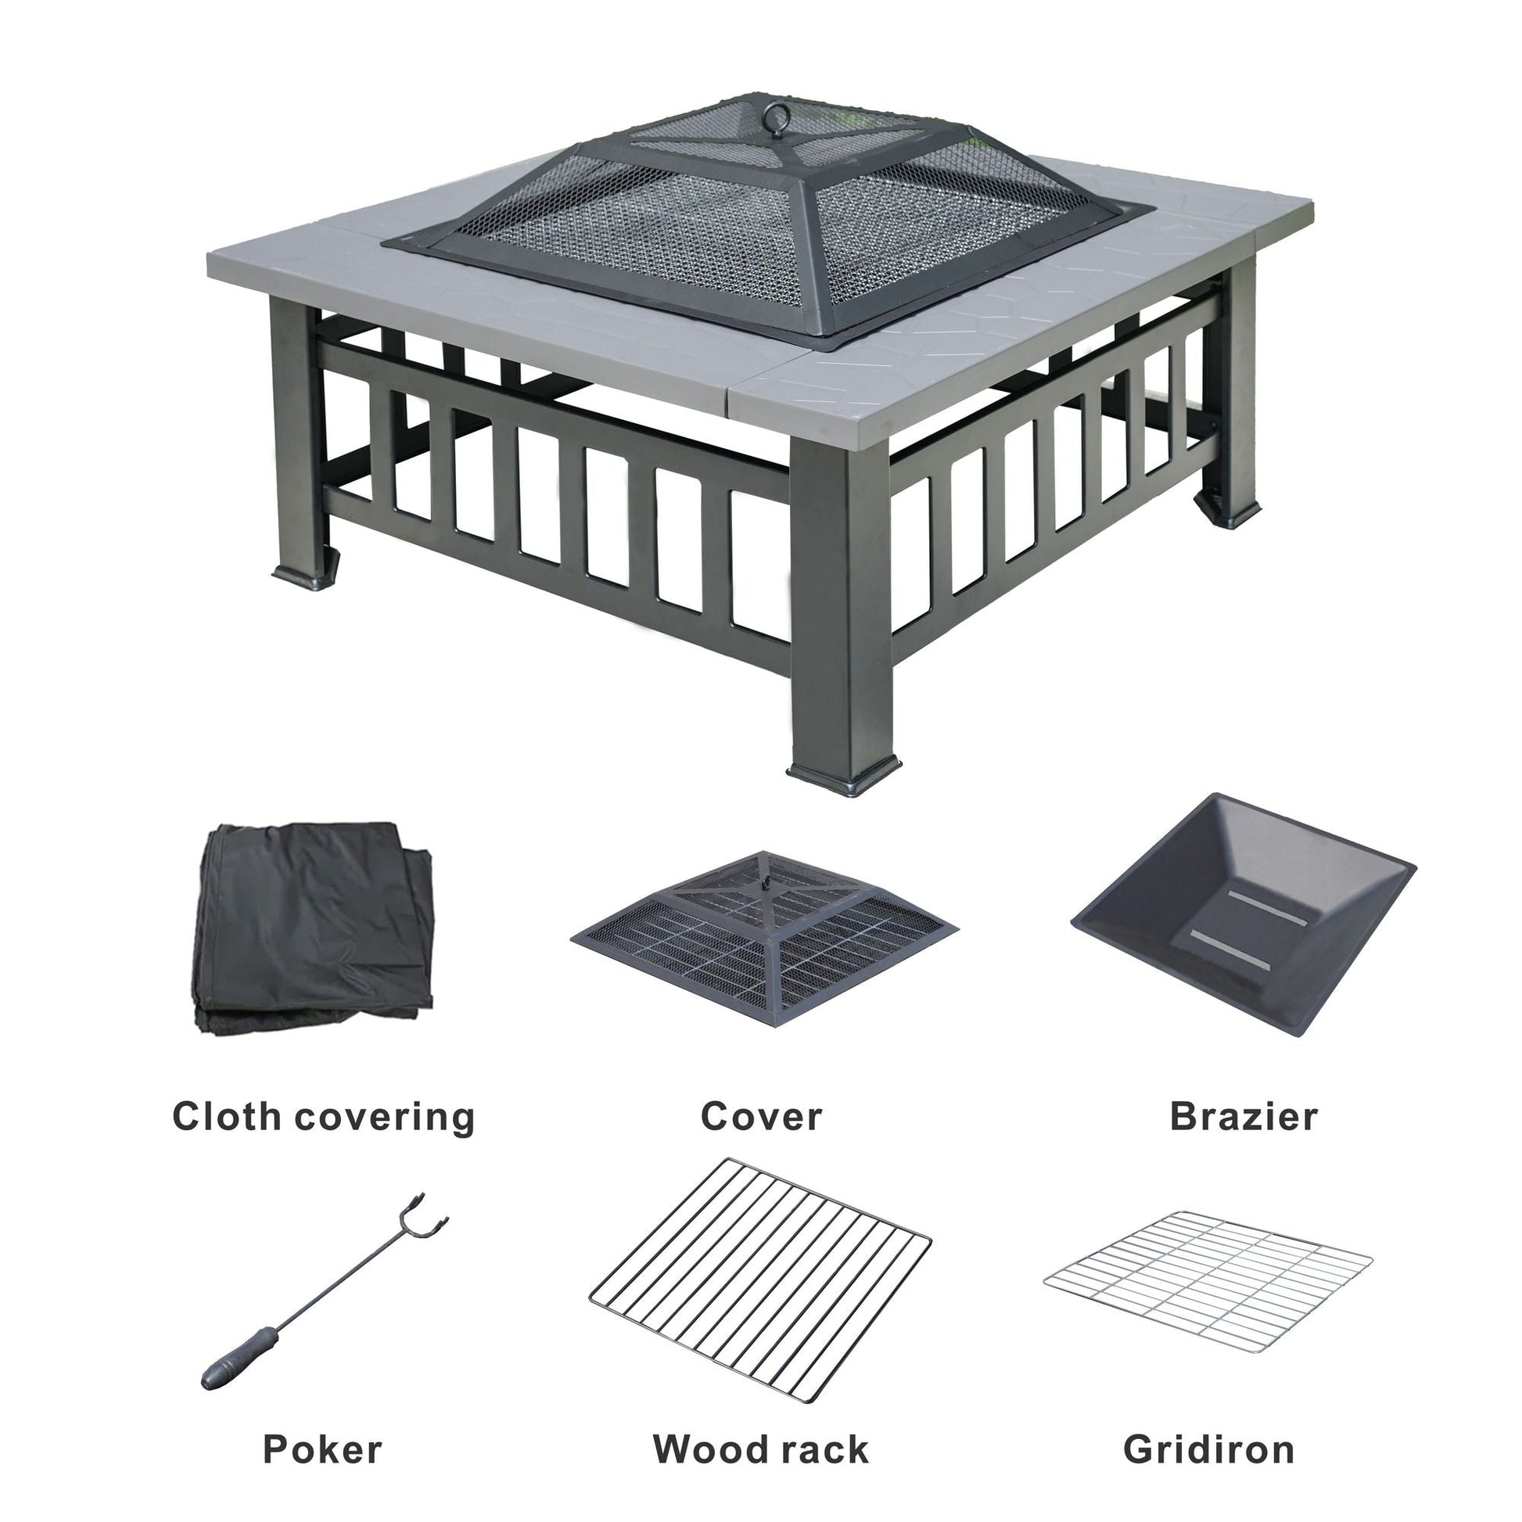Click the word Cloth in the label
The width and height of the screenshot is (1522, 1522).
point(225,1116)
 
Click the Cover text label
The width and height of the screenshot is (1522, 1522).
point(761,1116)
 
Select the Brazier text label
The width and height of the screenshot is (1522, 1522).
point(1243,1116)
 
